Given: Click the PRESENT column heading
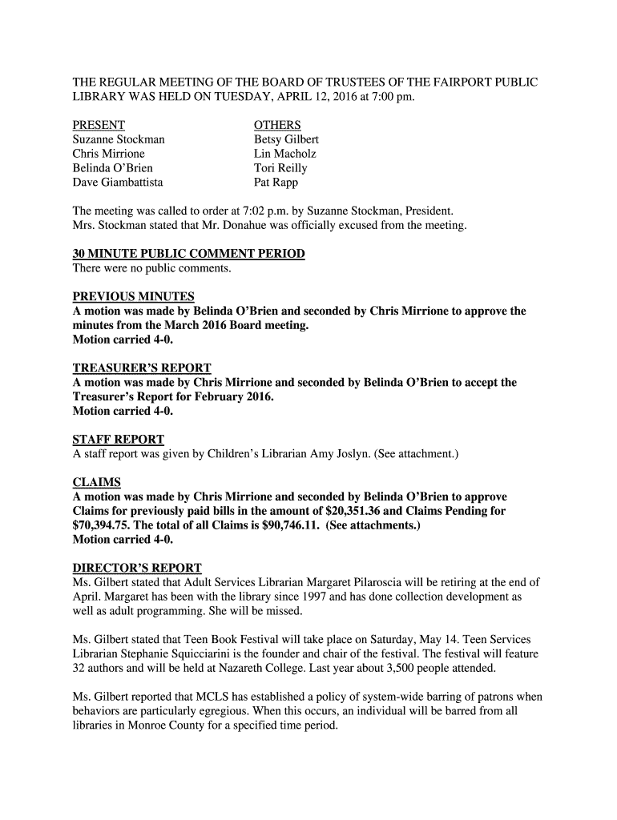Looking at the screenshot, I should pyautogui.click(x=99, y=125).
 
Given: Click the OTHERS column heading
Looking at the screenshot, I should pyautogui.click(x=277, y=125).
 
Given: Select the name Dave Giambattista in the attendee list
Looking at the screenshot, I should pyautogui.click(x=118, y=183).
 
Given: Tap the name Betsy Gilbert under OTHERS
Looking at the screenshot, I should pyautogui.click(x=286, y=139).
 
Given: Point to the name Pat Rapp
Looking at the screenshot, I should pyautogui.click(x=276, y=183).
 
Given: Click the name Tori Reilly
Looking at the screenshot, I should pyautogui.click(x=280, y=168).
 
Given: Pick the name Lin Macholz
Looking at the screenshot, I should pyautogui.click(x=284, y=154).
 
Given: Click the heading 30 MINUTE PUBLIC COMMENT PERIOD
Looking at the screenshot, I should pyautogui.click(x=188, y=254).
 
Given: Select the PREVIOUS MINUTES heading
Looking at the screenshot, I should pyautogui.click(x=133, y=297).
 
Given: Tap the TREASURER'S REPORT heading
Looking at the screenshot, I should pyautogui.click(x=142, y=368).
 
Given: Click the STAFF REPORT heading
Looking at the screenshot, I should pyautogui.click(x=119, y=440).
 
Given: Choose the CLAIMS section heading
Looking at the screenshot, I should pyautogui.click(x=97, y=483).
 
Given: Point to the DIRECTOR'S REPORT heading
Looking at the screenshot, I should pyautogui.click(x=137, y=568).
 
